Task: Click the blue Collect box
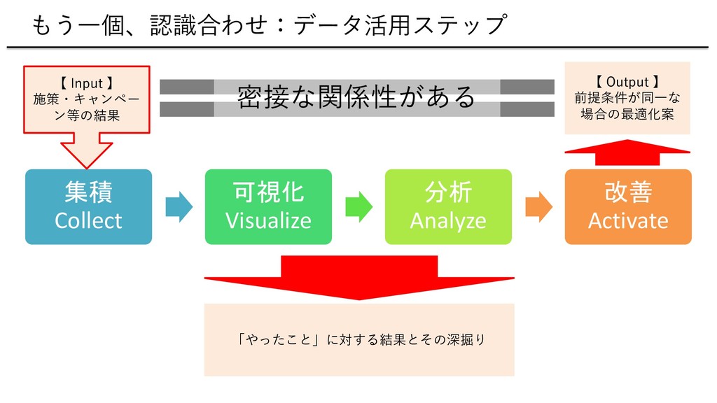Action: pos(88,206)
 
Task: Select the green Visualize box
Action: pos(268,206)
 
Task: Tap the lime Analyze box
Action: pos(448,206)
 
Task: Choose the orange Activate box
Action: pos(628,206)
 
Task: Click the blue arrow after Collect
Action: pos(179,207)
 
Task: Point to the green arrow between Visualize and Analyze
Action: pos(359,207)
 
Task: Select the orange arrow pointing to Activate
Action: pos(538,207)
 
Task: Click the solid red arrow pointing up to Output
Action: pos(627,152)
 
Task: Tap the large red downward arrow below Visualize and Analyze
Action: pos(359,278)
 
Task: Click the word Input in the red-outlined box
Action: pos(87,84)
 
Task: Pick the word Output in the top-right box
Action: pos(627,82)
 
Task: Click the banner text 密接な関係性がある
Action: pos(356,97)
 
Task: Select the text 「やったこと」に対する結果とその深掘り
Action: pos(361,339)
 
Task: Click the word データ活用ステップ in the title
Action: pos(401,24)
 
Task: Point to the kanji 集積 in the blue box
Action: pos(88,192)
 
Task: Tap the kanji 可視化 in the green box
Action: pos(268,192)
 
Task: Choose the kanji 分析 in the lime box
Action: pos(448,192)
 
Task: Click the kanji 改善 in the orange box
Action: pos(628,192)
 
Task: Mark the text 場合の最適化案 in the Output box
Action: pos(627,114)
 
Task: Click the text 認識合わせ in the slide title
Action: pos(208,24)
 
